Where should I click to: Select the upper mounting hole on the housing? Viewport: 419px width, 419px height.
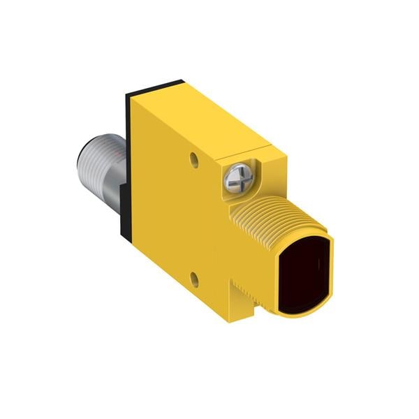[194, 160]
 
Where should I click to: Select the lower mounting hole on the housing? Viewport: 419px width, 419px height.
[196, 280]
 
